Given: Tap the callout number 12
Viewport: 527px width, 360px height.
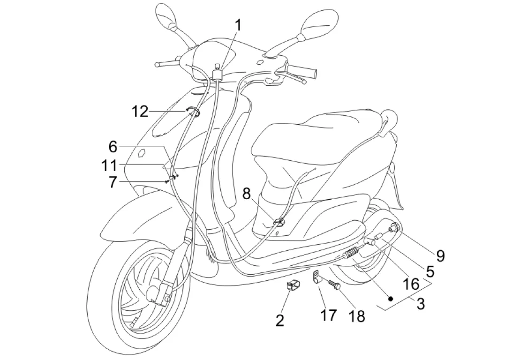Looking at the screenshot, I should pyautogui.click(x=140, y=112).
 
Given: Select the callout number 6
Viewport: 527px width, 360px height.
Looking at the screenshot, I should pyautogui.click(x=113, y=147).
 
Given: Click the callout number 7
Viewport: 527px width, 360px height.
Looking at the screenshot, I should pyautogui.click(x=113, y=181).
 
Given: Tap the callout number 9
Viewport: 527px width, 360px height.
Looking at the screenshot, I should pyautogui.click(x=440, y=255).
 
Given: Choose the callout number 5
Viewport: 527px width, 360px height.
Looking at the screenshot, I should pyautogui.click(x=429, y=270).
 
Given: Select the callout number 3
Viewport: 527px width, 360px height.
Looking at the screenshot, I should pyautogui.click(x=421, y=304).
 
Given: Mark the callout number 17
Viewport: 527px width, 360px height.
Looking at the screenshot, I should pyautogui.click(x=328, y=315).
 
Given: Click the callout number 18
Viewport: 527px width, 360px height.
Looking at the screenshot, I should pyautogui.click(x=357, y=316).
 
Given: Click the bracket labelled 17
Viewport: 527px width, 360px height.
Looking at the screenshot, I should pyautogui.click(x=316, y=278).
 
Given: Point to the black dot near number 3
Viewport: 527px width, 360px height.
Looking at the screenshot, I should pyautogui.click(x=390, y=298).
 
